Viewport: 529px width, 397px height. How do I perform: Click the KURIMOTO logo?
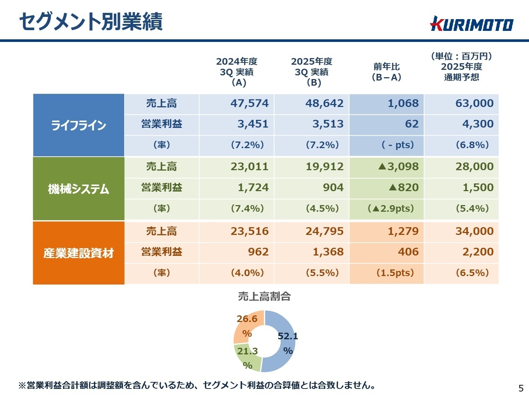click(472, 24)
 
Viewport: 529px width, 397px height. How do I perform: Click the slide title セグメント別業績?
click(91, 21)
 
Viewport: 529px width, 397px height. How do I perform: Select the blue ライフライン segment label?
click(79, 125)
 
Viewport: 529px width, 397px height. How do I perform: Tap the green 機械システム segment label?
click(79, 189)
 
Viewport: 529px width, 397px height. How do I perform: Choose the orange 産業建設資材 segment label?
click(79, 253)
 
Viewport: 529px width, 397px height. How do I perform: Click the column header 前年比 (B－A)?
click(386, 72)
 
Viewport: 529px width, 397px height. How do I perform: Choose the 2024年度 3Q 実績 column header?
click(237, 72)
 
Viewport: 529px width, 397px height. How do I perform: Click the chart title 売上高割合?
click(264, 296)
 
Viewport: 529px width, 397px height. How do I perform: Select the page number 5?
click(521, 388)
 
